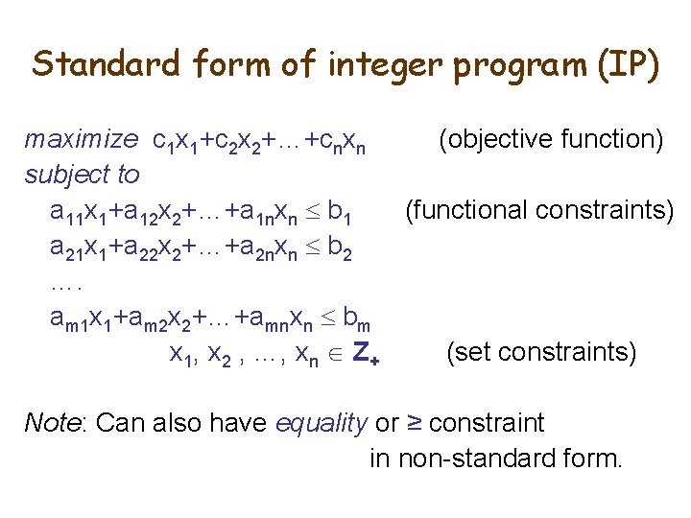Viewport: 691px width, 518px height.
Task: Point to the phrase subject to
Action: [x=82, y=175]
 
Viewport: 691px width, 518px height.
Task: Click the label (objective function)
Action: [x=551, y=140]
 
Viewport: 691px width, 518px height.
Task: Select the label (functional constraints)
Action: [x=539, y=209]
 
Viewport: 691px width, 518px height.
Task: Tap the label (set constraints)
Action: [x=541, y=352]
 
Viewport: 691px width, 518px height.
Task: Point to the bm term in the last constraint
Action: [x=357, y=318]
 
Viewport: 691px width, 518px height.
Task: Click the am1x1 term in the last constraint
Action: [x=80, y=318]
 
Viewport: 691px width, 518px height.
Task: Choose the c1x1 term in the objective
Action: [x=176, y=142]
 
